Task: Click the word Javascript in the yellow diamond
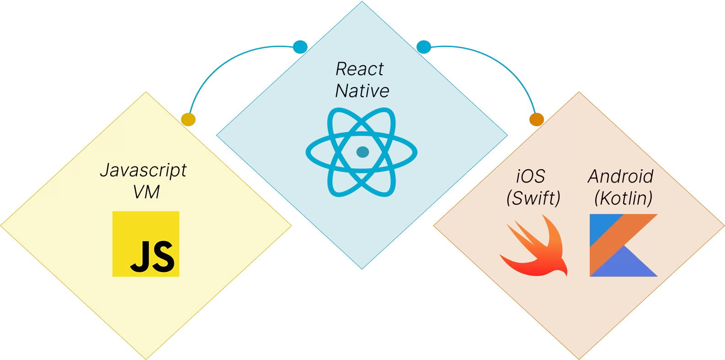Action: pos(143,171)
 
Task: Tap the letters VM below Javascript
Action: pos(146,192)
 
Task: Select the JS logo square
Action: pos(146,244)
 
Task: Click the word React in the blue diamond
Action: pos(360,69)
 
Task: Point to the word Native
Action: pos(362,91)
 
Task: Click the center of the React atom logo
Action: pos(361,152)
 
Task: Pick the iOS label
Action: pos(531,176)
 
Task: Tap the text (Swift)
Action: pos(533,198)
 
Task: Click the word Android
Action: pos(620,176)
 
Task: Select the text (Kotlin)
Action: pos(623,198)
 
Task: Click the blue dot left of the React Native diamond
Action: pos(300,47)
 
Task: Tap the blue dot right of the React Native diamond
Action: pos(424,47)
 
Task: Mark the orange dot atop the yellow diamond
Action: pos(188,119)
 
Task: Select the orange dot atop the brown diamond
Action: pos(537,119)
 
